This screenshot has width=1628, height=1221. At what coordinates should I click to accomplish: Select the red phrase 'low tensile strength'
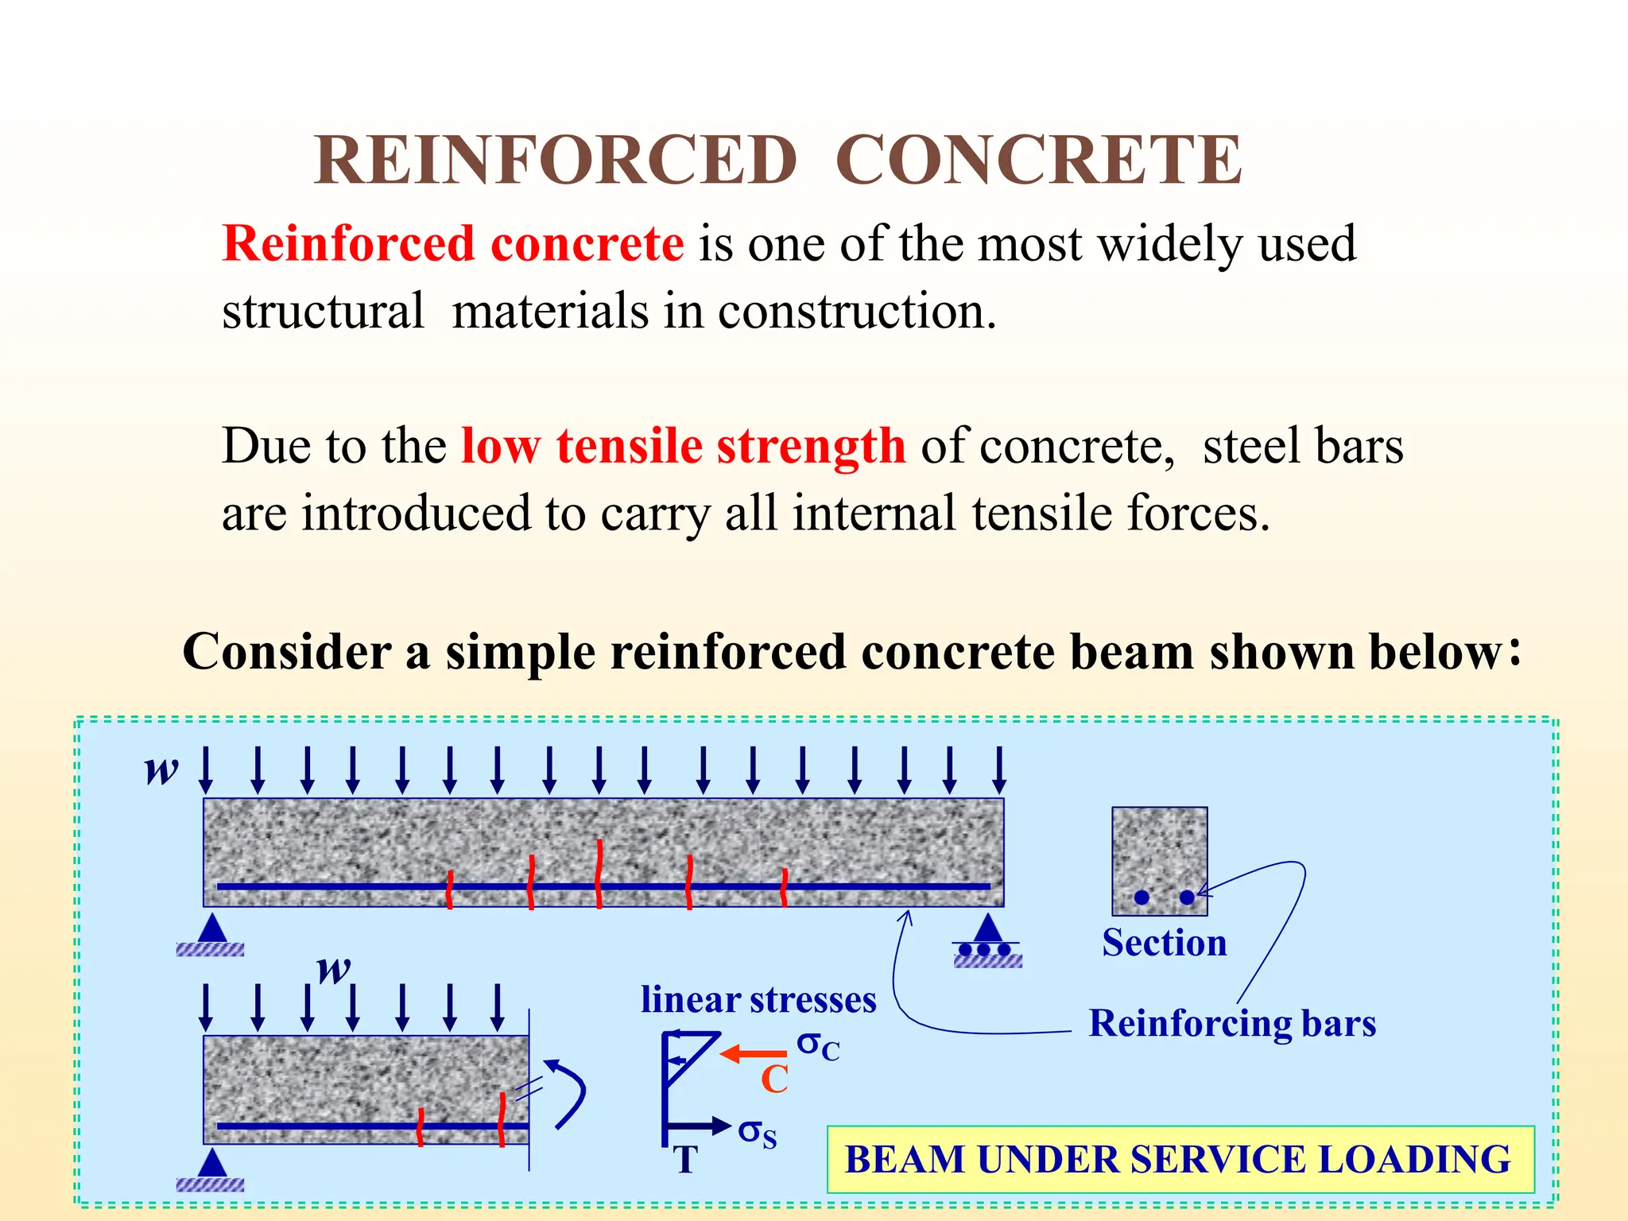pos(683,445)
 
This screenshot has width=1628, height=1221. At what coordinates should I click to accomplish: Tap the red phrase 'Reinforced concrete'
pos(453,243)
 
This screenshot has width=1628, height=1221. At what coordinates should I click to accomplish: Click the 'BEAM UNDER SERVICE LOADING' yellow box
pos(1180,1159)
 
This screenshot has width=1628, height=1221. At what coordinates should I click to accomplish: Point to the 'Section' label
pos(1164,943)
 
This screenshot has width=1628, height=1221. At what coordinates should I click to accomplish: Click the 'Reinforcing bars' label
pos(1231,1023)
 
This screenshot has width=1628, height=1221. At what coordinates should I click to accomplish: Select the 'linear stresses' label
pos(758,999)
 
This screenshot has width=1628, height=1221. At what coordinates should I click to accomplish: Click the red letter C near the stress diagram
pos(774,1080)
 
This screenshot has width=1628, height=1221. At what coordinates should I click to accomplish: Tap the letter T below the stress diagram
pos(685,1160)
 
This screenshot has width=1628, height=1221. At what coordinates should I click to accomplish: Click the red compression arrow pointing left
pos(753,1054)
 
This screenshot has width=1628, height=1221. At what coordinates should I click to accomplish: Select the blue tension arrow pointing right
pos(700,1126)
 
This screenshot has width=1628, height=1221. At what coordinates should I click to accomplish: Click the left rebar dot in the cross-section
pos(1142,897)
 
